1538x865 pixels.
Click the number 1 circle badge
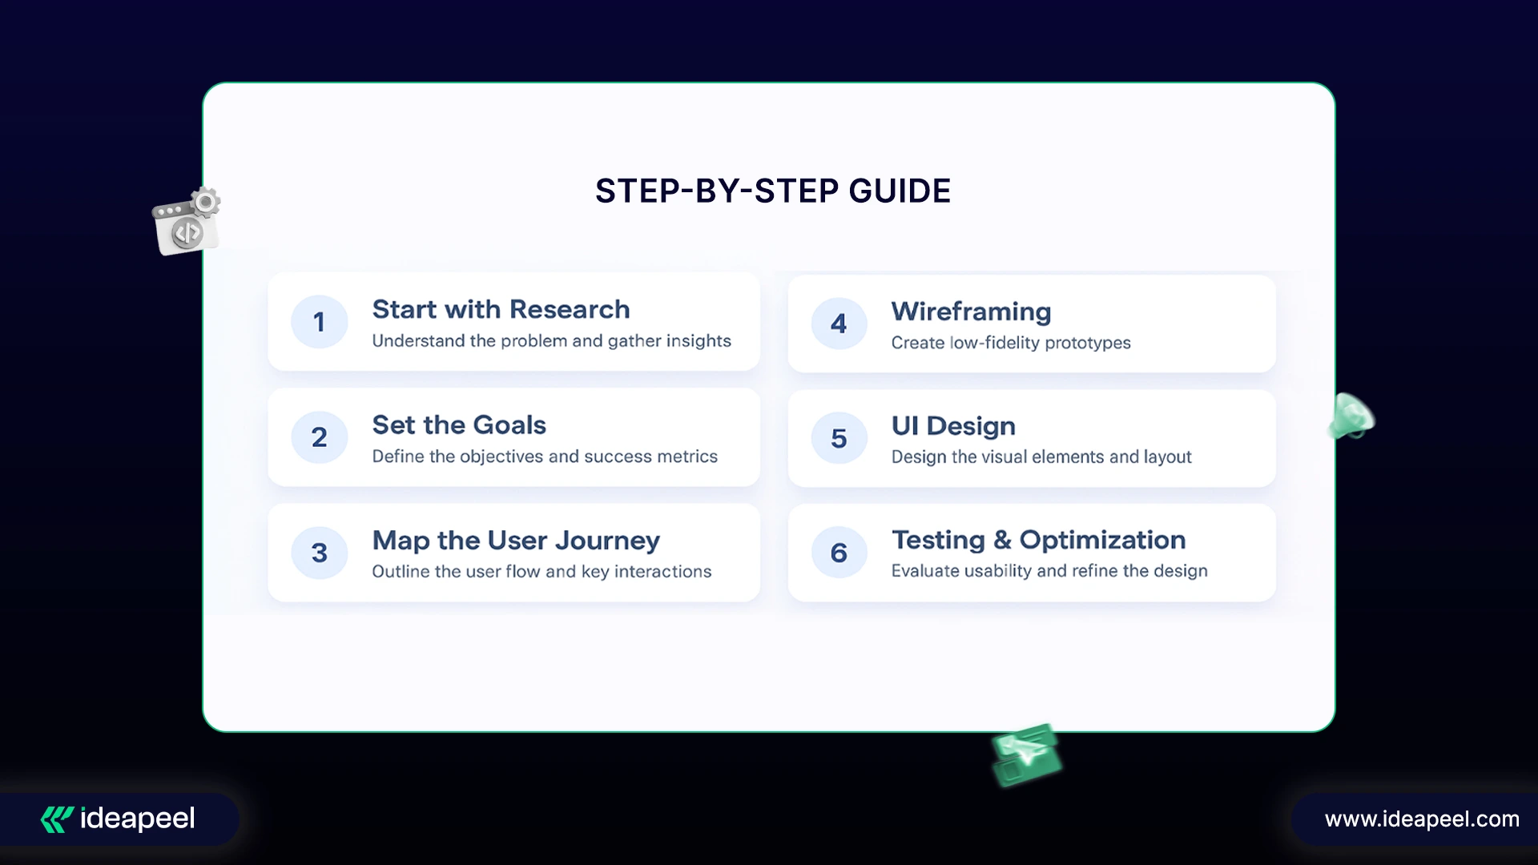(319, 322)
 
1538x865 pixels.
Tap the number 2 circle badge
(319, 437)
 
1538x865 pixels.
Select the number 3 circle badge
(319, 553)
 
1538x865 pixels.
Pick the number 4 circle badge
(839, 324)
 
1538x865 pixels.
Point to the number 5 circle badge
(839, 438)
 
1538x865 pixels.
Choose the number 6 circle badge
(839, 553)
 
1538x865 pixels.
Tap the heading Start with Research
(501, 309)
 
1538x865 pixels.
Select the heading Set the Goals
(459, 424)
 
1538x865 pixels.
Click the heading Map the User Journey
(516, 541)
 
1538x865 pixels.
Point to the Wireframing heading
(971, 312)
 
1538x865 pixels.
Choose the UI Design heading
(953, 426)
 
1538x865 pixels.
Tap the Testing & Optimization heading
(1038, 541)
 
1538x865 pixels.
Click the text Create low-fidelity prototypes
(1011, 343)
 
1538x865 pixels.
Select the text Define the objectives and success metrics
(545, 457)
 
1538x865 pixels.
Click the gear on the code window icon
(206, 202)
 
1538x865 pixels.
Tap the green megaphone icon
(1351, 416)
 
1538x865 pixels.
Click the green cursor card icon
(1026, 754)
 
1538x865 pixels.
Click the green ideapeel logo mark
(57, 819)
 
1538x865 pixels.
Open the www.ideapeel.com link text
(1422, 819)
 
